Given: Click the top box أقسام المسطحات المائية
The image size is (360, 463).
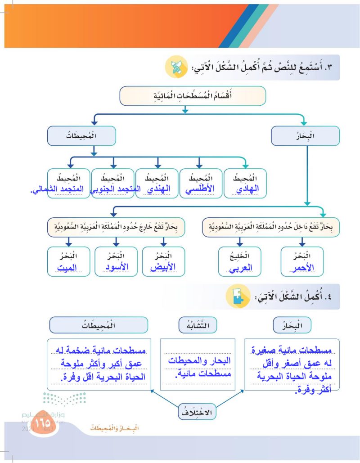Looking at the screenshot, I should point(193,95).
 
